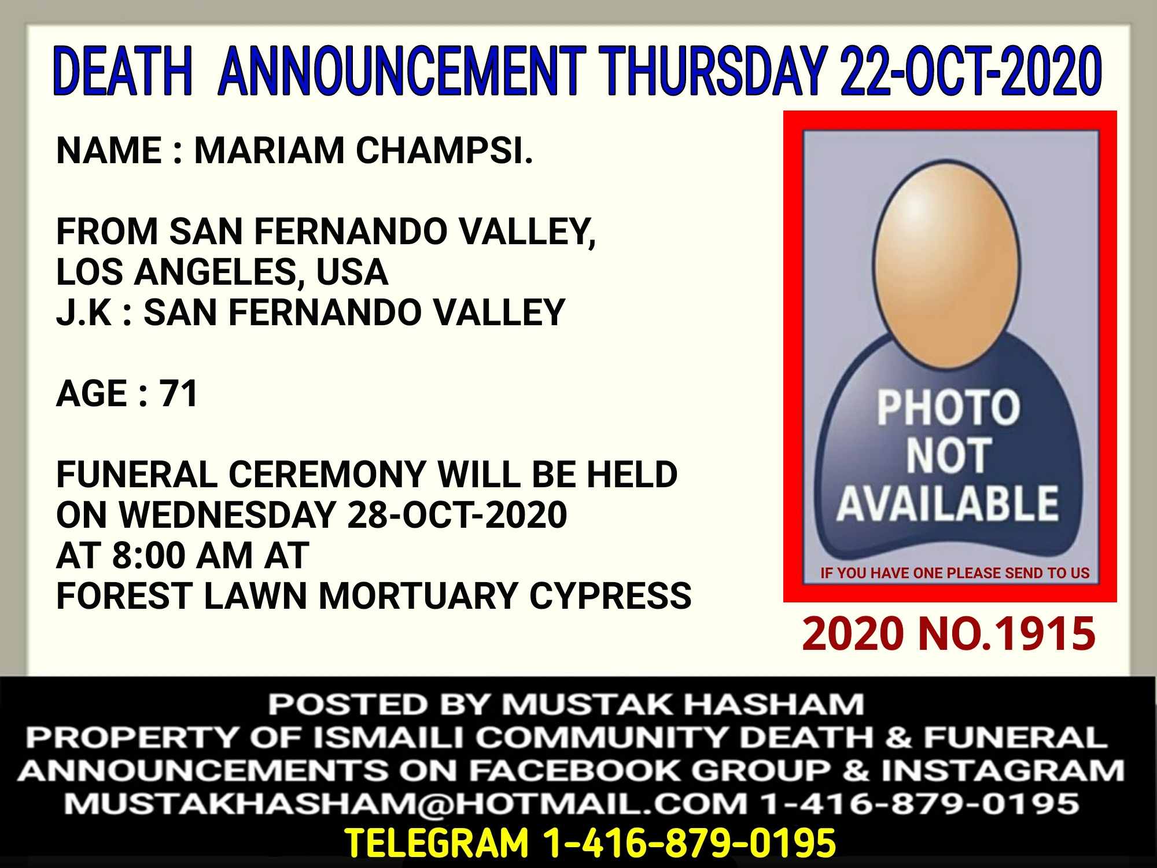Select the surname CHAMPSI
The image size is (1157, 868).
(x=444, y=150)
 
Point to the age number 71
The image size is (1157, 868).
(x=179, y=393)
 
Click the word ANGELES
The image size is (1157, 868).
(x=216, y=272)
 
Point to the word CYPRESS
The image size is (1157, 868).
(x=610, y=596)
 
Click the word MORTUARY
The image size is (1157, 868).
(x=417, y=596)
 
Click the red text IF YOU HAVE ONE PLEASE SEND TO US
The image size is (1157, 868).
(x=955, y=573)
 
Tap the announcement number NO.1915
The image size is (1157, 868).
(x=1007, y=634)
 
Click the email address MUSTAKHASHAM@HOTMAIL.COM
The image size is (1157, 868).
(x=406, y=803)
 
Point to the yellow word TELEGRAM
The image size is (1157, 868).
(x=437, y=843)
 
